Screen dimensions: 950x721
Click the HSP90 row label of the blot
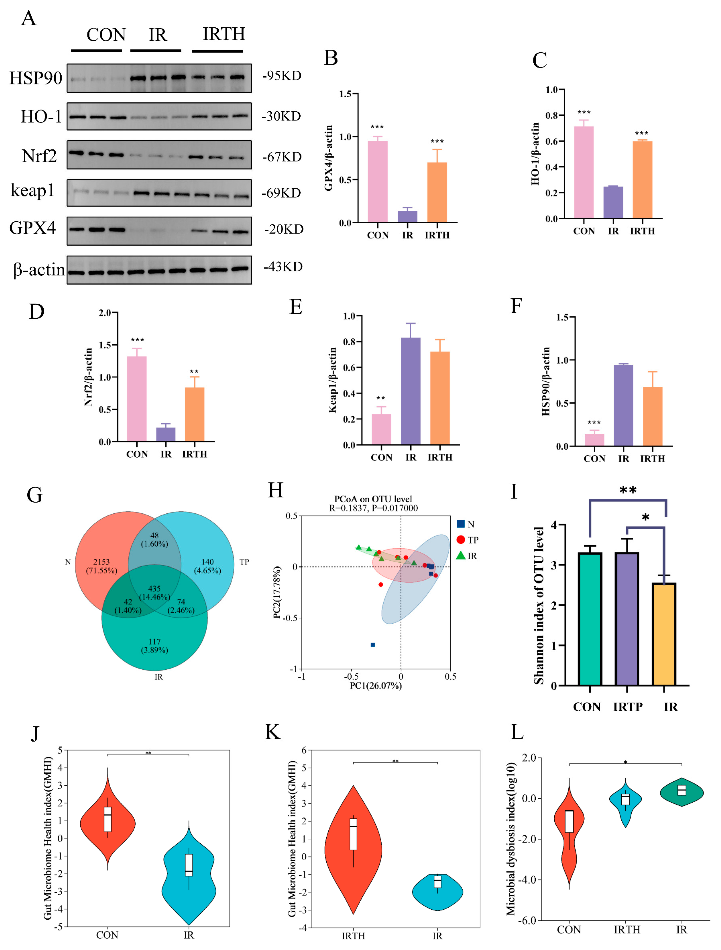[36, 78]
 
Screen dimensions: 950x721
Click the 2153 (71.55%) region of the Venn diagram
[101, 566]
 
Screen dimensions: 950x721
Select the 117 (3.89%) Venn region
[154, 645]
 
